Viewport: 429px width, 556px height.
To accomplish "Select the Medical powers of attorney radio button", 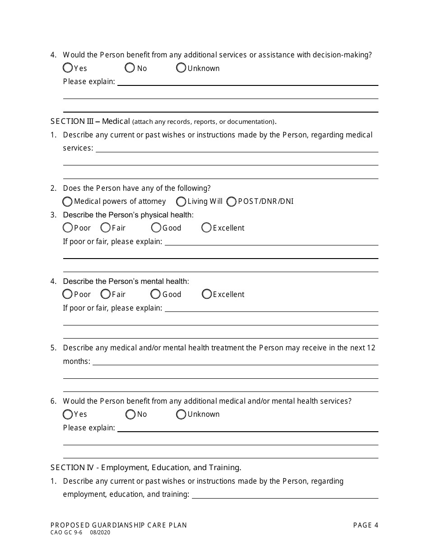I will click(x=68, y=201).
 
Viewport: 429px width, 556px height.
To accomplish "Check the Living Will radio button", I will click(x=181, y=201).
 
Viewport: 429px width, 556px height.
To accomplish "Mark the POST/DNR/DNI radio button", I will click(x=232, y=201).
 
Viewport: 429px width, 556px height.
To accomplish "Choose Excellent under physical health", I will click(x=206, y=228).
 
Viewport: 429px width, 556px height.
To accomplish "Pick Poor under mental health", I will click(x=68, y=294).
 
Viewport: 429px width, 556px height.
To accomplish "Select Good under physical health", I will click(x=156, y=228).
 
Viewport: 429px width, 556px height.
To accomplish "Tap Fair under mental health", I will click(x=106, y=294).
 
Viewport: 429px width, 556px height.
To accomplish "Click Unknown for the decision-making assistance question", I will click(x=181, y=68).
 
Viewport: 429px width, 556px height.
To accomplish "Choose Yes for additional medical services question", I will click(x=68, y=414).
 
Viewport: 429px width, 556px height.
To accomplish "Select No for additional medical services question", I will click(x=131, y=414).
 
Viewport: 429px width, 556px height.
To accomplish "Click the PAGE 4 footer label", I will click(x=365, y=525).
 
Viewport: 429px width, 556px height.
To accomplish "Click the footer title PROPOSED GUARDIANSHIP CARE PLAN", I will click(x=118, y=525).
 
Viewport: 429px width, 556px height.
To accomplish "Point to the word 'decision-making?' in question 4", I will click(x=345, y=55).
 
